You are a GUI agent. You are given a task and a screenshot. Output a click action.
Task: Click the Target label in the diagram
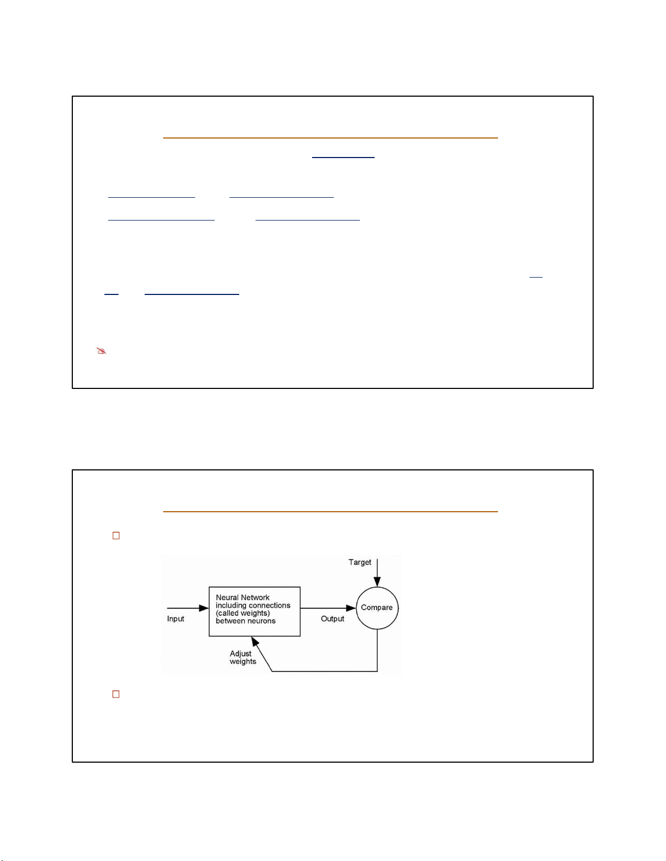359,562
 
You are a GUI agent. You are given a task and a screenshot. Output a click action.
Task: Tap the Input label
176,619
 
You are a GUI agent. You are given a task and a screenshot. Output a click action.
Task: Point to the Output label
333,619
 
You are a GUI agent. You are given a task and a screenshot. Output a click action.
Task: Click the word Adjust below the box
241,653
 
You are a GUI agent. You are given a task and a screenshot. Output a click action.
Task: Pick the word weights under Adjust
243,662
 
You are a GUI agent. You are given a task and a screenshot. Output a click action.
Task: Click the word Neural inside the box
227,597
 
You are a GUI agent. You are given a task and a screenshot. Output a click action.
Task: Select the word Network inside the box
254,597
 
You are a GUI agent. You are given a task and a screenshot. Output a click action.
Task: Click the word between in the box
229,621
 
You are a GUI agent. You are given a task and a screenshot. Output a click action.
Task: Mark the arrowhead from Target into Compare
377,582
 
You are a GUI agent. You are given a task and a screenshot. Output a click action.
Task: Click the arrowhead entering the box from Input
204,608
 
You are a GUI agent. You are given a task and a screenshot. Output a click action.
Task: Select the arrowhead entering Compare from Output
351,608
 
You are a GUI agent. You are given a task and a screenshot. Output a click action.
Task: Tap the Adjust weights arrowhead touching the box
256,641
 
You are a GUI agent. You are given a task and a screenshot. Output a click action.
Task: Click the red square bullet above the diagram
116,536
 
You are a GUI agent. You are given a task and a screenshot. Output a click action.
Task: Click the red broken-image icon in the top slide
102,351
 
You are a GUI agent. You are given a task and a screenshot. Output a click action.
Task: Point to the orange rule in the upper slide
330,138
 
